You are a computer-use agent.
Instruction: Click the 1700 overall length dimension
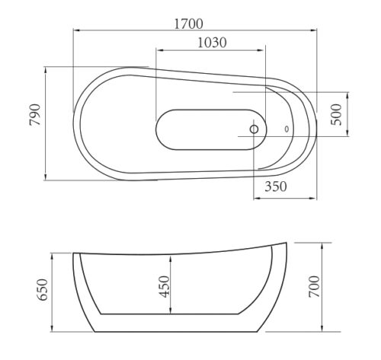click(x=189, y=24)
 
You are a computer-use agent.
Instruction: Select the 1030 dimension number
click(x=212, y=43)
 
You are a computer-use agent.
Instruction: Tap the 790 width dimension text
click(x=35, y=115)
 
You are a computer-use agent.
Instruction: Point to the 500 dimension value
click(x=336, y=114)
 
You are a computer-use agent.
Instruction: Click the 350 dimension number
click(x=276, y=186)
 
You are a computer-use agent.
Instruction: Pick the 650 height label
click(x=43, y=290)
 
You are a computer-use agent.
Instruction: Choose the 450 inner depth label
click(x=164, y=287)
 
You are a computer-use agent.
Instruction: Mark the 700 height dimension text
click(x=314, y=287)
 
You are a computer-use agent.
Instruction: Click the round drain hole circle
click(x=254, y=129)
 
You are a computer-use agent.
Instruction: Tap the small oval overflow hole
click(x=287, y=129)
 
